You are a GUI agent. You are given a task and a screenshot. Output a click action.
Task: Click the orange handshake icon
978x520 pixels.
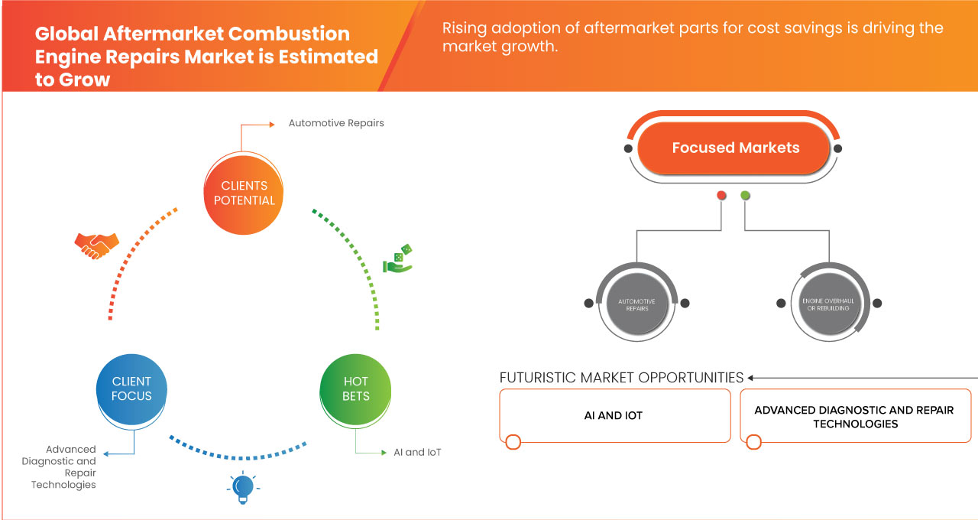tap(96, 245)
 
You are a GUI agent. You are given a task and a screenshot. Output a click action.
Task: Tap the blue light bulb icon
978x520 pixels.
tap(243, 487)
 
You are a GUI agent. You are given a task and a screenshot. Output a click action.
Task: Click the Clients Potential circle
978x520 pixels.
tap(244, 193)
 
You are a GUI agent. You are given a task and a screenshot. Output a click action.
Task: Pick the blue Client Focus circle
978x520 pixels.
tap(131, 389)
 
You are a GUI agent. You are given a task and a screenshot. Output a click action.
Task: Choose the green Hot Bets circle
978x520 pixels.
tap(355, 389)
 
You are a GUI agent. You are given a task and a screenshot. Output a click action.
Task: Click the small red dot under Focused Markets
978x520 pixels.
tap(722, 195)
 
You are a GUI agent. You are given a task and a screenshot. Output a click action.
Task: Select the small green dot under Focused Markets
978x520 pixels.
tap(745, 195)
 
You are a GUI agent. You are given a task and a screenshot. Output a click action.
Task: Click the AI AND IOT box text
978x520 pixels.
tap(614, 415)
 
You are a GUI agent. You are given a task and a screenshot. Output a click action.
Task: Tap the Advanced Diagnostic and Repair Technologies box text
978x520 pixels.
tap(854, 417)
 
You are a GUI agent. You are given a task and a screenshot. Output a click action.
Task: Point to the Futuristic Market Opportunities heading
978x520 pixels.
tap(621, 378)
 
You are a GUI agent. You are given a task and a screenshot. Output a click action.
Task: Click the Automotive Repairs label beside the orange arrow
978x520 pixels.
tap(336, 123)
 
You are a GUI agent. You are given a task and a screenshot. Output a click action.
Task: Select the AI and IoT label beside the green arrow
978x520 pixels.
tap(417, 452)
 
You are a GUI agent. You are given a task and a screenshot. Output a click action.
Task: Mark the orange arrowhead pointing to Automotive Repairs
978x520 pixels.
tap(272, 125)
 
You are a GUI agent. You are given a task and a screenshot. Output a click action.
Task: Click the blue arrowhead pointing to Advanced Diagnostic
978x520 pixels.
tap(106, 454)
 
